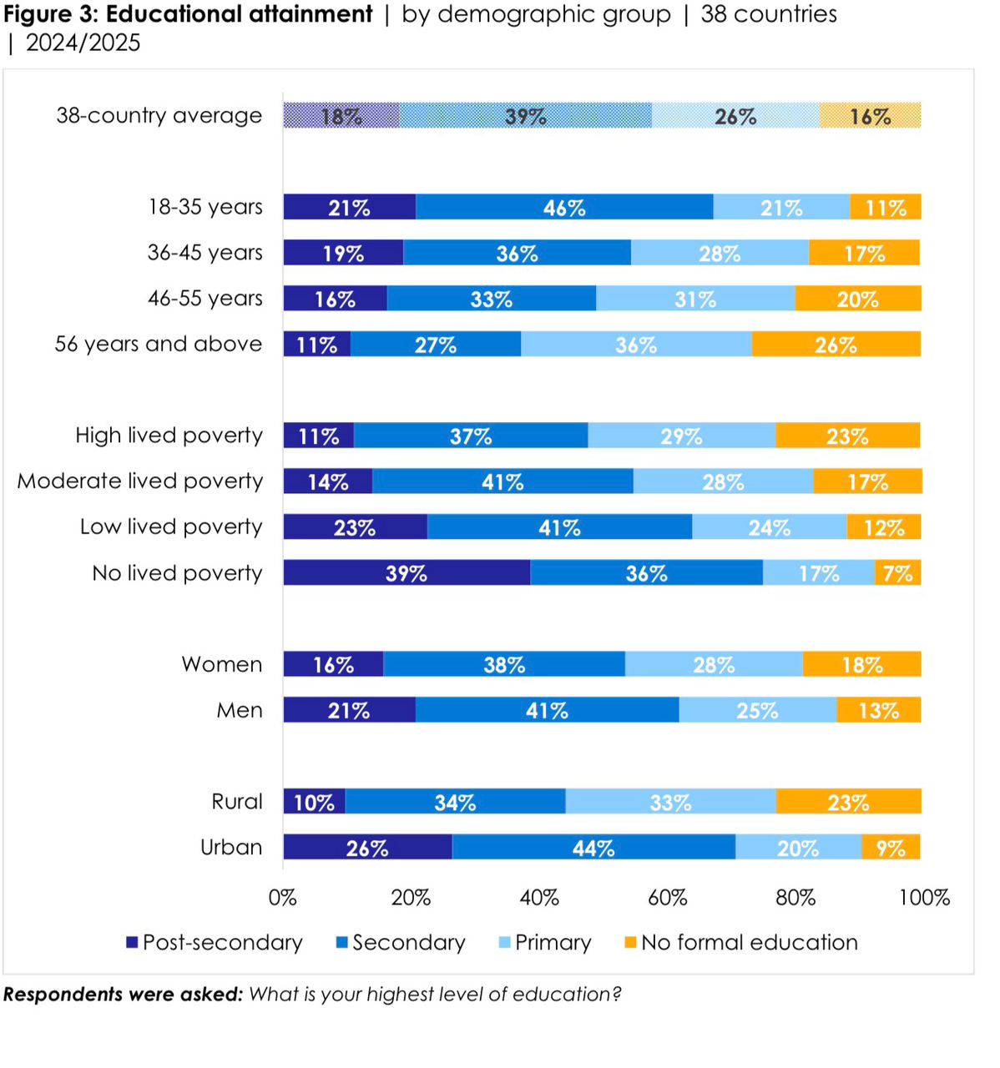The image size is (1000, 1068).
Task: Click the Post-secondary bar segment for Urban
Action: click(367, 847)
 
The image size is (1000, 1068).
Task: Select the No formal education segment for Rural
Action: click(848, 801)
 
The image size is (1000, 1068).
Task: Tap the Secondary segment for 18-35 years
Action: click(564, 207)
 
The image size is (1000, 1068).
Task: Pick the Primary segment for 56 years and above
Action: click(636, 344)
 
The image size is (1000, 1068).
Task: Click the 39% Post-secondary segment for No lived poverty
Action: click(407, 572)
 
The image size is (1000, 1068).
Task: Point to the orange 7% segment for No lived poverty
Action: click(898, 572)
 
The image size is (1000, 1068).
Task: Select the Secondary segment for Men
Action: click(547, 710)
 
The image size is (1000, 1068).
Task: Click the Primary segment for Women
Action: click(714, 664)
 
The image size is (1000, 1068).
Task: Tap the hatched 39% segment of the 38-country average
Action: click(525, 115)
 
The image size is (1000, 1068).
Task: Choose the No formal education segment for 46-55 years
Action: click(858, 299)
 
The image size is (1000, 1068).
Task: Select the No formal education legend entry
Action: click(749, 943)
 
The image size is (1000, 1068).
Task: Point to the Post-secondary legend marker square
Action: click(132, 943)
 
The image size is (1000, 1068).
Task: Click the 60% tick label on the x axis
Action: click(667, 898)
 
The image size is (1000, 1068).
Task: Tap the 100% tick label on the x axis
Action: click(924, 898)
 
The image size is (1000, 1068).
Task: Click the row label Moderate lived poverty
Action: click(140, 481)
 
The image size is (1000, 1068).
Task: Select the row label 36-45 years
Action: click(205, 253)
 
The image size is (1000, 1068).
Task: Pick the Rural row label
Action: click(237, 802)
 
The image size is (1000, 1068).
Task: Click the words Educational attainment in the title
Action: click(239, 14)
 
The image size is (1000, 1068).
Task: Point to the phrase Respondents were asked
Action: click(123, 995)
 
